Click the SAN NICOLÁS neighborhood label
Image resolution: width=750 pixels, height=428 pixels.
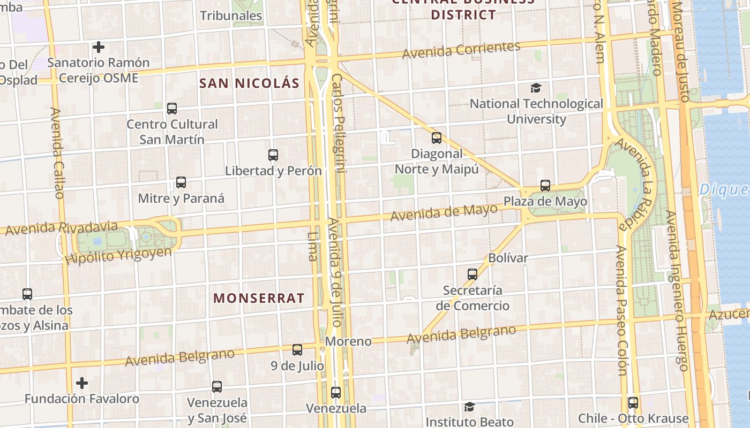[x=249, y=83]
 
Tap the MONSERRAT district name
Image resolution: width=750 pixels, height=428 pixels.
[x=259, y=298]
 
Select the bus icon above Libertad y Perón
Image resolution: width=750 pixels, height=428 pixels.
[x=273, y=155]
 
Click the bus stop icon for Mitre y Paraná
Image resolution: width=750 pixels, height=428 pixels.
[x=181, y=182]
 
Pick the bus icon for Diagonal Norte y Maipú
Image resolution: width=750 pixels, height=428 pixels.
[x=437, y=138]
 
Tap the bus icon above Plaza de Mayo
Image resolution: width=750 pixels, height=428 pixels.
[x=545, y=186]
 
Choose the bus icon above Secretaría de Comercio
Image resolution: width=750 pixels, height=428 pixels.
[x=472, y=274]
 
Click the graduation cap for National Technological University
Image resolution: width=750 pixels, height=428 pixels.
[x=536, y=88]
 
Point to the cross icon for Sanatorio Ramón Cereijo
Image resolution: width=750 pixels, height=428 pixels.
[x=98, y=47]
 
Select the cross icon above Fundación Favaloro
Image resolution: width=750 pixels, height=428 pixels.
[x=82, y=383]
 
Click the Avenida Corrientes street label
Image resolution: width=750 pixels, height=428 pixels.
[x=461, y=50]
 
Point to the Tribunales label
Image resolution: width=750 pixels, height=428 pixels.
[x=231, y=16]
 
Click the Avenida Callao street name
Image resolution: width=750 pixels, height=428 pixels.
[x=58, y=152]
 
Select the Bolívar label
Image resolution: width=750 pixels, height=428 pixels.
[x=508, y=258]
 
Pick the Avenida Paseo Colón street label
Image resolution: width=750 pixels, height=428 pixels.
[x=621, y=310]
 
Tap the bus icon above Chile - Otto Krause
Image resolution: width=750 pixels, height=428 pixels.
[x=633, y=403]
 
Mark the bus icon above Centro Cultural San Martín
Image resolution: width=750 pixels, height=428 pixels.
[x=172, y=109]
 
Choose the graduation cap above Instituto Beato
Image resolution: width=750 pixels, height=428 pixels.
[x=469, y=407]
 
